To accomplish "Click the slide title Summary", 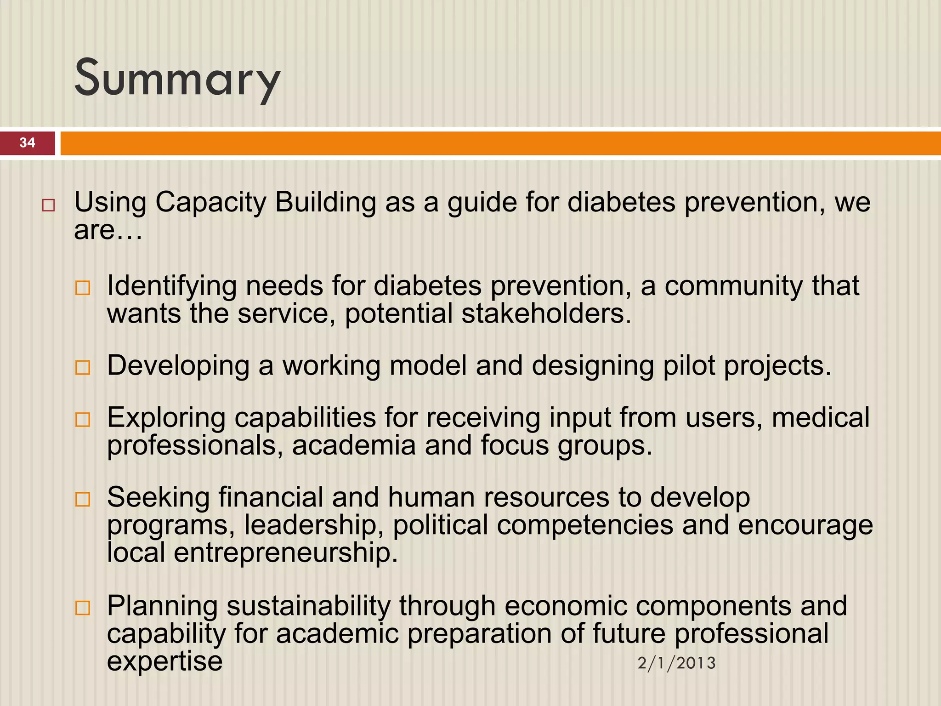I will pos(177,78).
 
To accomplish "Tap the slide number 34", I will pos(28,142).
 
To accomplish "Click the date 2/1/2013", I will pos(676,663).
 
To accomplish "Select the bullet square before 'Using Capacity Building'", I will pos(48,205).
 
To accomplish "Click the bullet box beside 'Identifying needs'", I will pos(83,288).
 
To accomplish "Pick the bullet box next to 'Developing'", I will pos(83,368).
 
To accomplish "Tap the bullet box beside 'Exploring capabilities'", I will pos(83,420).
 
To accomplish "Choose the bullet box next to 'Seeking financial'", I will pos(83,499).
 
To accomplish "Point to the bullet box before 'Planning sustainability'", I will pos(83,608).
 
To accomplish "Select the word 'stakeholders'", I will pos(546,314).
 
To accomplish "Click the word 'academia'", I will pos(354,446).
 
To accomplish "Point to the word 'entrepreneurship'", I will pos(285,552).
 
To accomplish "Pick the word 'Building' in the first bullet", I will pos(325,202).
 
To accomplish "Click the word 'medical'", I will pos(821,418).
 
